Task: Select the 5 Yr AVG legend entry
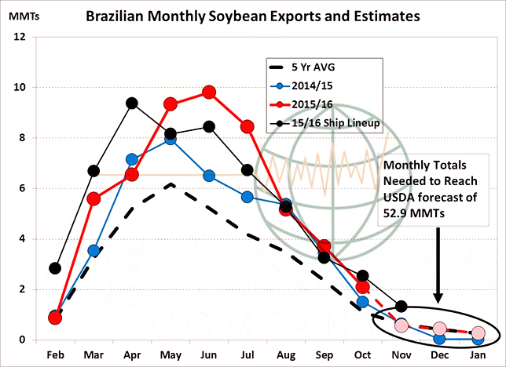[311, 67]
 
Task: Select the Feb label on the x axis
[54, 354]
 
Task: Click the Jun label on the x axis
[208, 354]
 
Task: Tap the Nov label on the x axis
[401, 354]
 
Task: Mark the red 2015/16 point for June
[208, 92]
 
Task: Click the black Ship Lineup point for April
[132, 103]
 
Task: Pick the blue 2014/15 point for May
[170, 140]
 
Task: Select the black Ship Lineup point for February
[55, 268]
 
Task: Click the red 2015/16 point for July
[247, 126]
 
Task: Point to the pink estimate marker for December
[439, 329]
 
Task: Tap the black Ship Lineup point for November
[401, 306]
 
